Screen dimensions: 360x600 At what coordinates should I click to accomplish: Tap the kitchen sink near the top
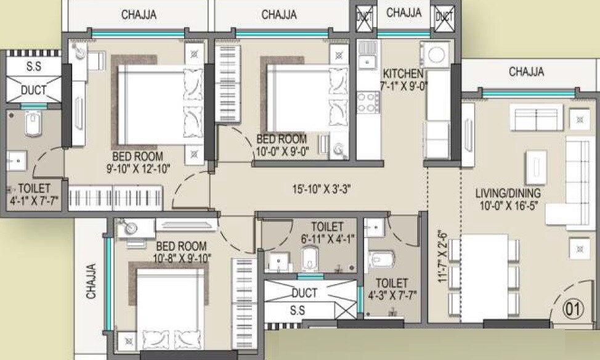pos(368,60)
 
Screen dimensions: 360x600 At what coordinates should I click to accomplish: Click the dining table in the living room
pos(484,277)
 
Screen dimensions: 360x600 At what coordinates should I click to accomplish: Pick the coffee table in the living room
pos(535,165)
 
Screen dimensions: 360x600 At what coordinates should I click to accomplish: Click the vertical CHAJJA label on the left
pos(92,281)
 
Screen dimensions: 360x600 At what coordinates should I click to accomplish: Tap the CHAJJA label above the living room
pos(526,72)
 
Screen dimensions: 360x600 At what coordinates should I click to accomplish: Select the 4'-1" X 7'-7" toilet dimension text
pos(34,200)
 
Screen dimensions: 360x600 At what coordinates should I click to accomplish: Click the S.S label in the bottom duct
pos(297,311)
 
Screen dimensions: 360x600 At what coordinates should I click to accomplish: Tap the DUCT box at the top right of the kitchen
pos(444,18)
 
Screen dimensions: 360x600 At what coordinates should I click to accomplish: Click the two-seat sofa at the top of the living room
pos(535,117)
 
